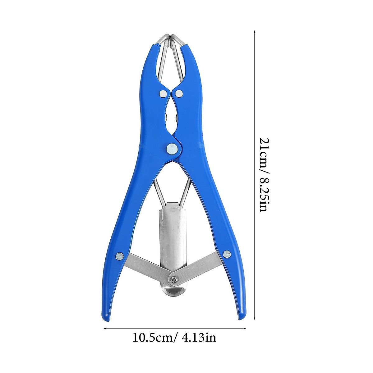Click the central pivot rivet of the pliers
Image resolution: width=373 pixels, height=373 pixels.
(x=172, y=149)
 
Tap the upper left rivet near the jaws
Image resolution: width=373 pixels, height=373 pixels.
(x=162, y=93)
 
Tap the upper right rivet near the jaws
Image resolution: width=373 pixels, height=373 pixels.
(x=179, y=93)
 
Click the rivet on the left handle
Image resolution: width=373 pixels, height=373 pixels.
(x=119, y=256)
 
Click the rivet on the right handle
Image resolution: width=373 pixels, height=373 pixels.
(x=227, y=255)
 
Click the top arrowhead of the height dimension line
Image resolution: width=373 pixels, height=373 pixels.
(x=255, y=32)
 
